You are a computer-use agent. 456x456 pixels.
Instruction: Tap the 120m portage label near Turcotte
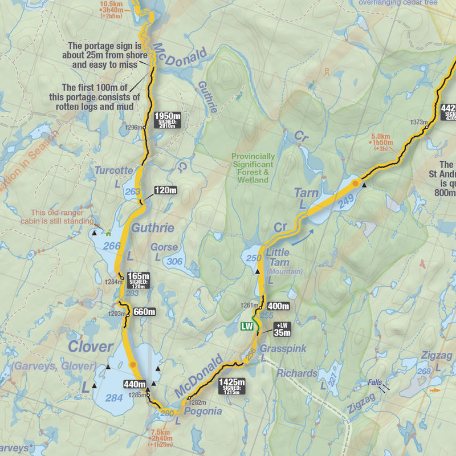pos(165,190)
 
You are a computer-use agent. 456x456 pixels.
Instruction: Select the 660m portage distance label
pos(144,312)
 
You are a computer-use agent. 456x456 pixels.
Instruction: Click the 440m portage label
pos(135,384)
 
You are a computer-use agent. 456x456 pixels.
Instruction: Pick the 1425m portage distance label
pos(232,385)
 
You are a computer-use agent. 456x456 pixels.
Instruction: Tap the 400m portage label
pos(278,306)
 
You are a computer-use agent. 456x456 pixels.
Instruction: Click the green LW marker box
pos(246,327)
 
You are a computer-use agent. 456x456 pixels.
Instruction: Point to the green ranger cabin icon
pos(107,232)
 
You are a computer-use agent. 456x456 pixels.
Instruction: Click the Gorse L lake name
pos(164,248)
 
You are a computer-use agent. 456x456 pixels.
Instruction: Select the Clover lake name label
pos(91,347)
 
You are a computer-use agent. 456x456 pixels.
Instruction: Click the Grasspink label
pos(283,348)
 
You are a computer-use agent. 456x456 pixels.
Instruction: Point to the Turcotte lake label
pos(113,170)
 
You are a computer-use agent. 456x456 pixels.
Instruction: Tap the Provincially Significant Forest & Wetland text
pos(253,168)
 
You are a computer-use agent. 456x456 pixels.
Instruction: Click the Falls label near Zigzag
pos(375,383)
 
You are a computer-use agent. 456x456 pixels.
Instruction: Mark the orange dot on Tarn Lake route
pos(355,184)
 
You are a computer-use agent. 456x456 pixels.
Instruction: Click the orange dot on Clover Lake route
pos(133,364)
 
